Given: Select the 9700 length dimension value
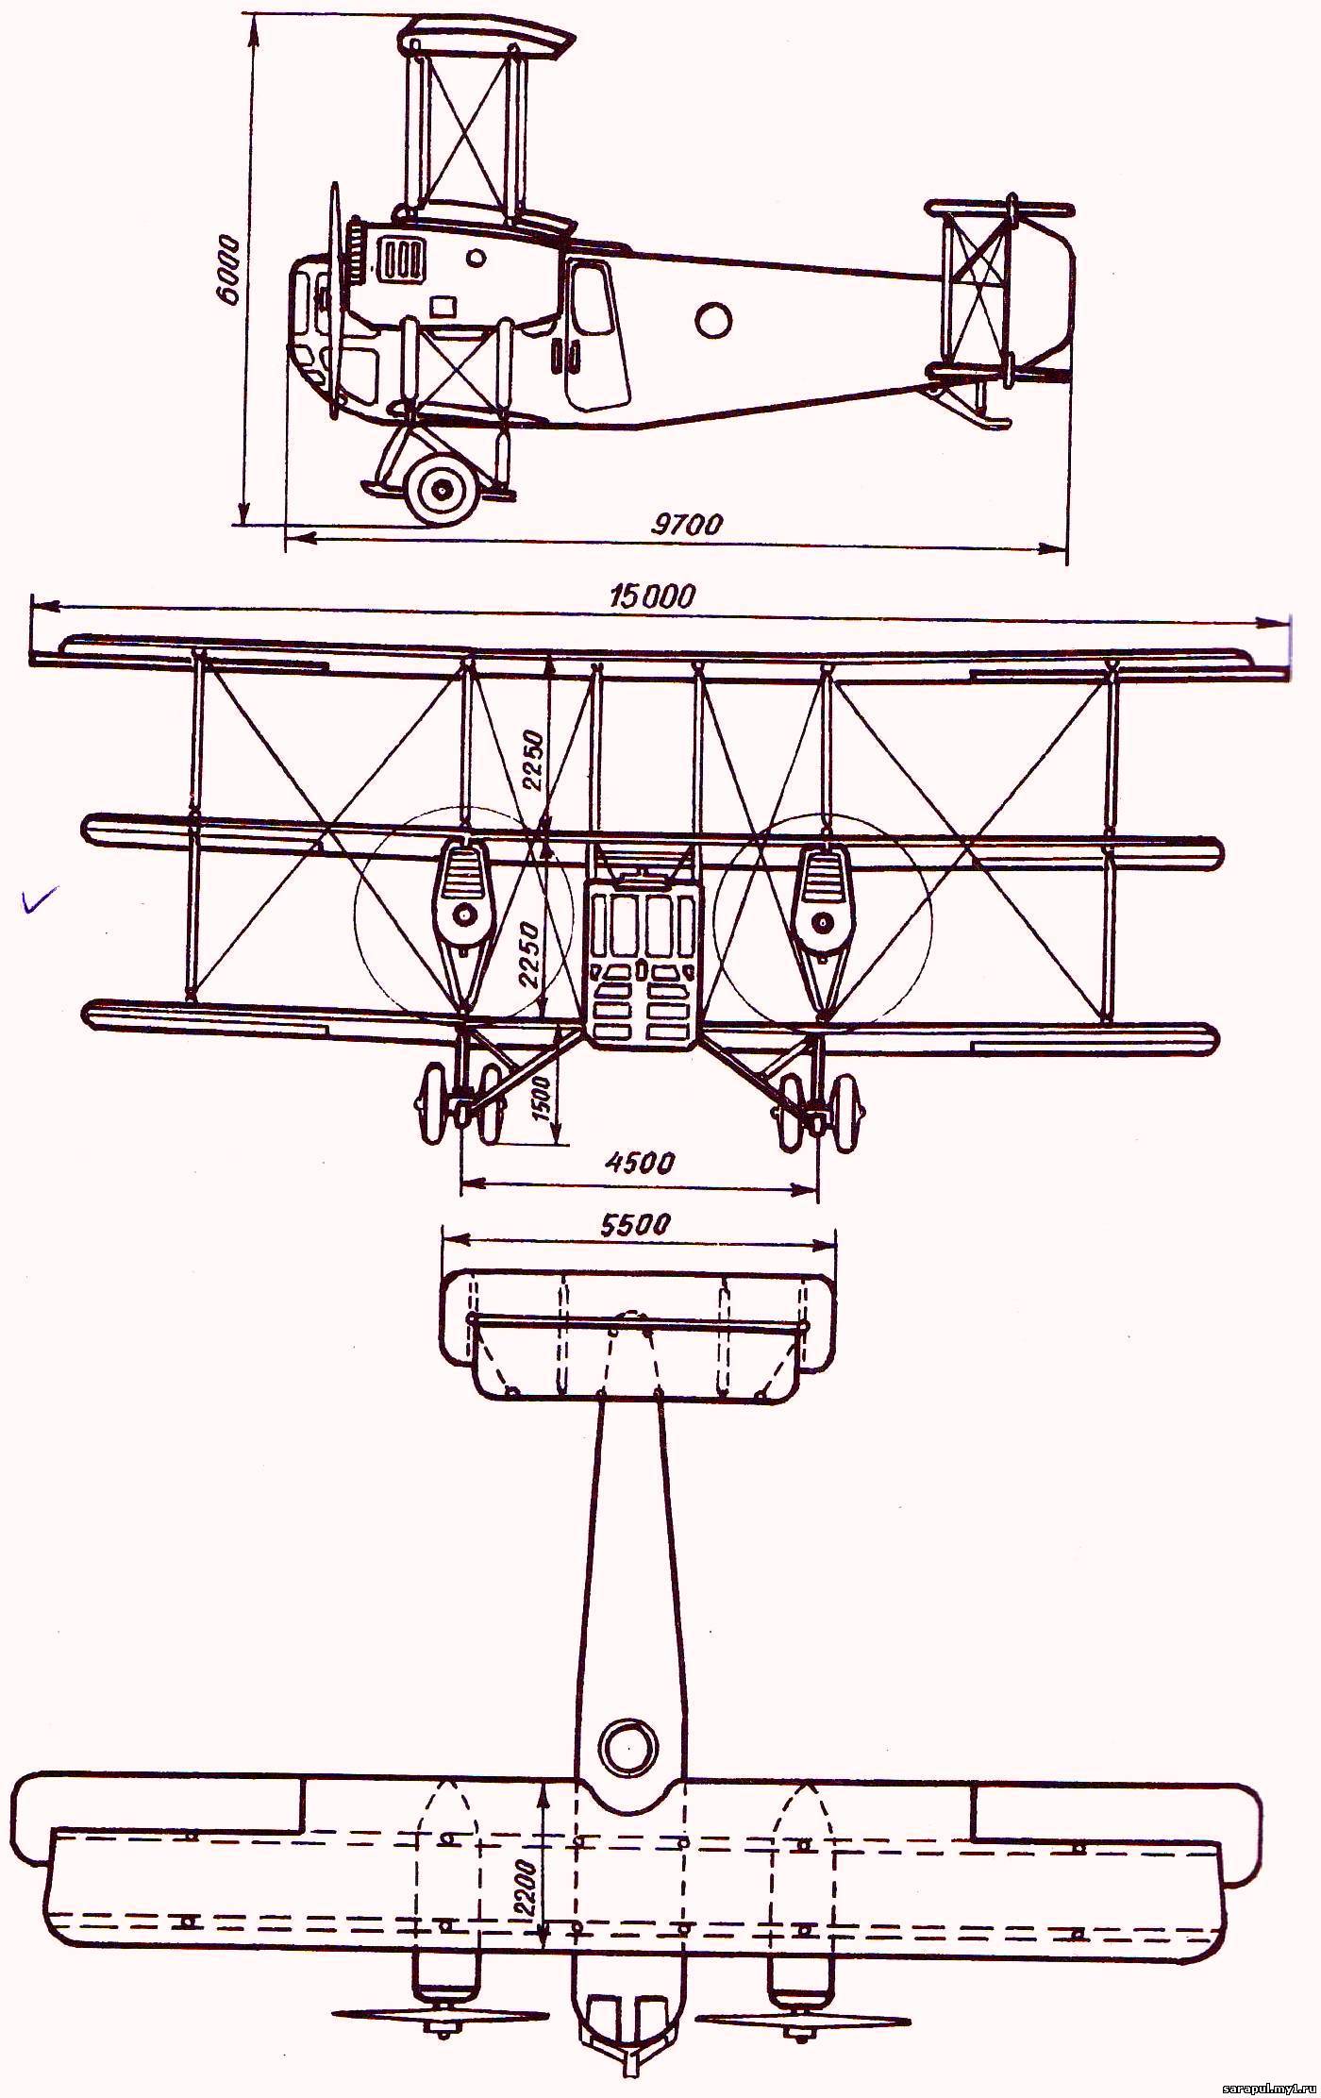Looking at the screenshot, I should (687, 523).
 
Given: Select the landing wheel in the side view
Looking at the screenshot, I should (441, 489).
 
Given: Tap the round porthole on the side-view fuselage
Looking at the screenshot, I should (713, 319).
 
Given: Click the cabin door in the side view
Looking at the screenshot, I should (594, 335).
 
